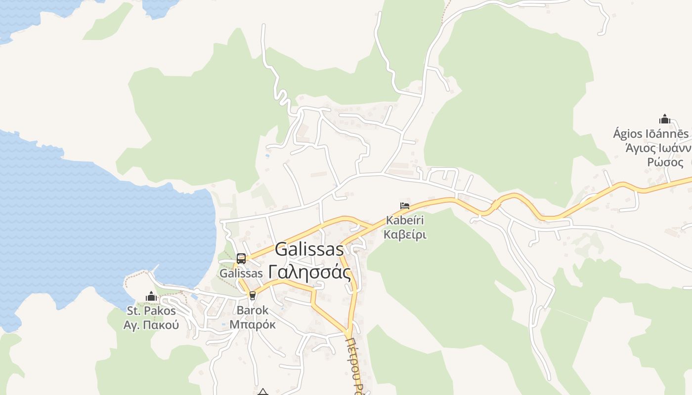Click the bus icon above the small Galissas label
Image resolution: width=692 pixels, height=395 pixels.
click(241, 258)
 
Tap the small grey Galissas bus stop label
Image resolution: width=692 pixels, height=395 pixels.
click(241, 273)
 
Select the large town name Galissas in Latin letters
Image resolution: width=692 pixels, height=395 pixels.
click(309, 249)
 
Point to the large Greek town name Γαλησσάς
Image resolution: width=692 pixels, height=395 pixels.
click(309, 272)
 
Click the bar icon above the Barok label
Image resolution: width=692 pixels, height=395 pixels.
click(253, 296)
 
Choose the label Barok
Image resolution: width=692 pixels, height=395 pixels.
click(253, 311)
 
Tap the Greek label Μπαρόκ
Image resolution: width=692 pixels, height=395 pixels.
click(253, 324)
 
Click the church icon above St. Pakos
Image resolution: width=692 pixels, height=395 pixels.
click(151, 297)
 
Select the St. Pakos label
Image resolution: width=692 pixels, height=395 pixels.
click(151, 311)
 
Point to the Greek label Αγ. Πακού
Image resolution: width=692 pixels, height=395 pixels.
click(151, 325)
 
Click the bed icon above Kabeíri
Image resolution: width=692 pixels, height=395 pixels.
click(405, 206)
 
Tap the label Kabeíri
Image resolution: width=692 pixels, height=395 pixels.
click(405, 220)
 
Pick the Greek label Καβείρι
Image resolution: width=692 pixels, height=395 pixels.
click(405, 234)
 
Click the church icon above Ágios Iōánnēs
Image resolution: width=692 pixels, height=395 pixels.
click(664, 119)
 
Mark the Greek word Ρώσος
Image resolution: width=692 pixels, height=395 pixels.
click(665, 162)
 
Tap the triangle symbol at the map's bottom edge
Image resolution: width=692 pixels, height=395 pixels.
click(263, 392)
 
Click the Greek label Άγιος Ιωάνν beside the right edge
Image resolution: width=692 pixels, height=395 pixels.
click(657, 148)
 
